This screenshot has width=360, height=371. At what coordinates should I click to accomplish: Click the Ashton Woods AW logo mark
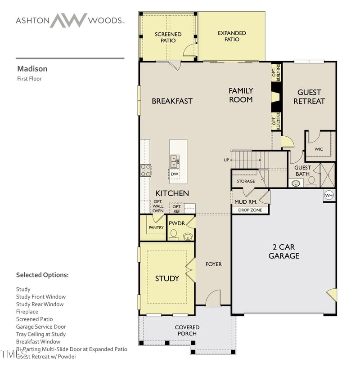(68, 20)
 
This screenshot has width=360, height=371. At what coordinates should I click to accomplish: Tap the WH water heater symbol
(329, 196)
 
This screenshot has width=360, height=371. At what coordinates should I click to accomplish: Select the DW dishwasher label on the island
(175, 174)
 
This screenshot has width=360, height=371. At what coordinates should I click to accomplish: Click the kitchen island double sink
(175, 160)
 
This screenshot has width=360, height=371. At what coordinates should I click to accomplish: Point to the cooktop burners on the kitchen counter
(146, 170)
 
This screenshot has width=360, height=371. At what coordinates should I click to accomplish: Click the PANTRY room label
(156, 228)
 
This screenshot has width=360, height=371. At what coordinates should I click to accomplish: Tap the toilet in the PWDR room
(174, 234)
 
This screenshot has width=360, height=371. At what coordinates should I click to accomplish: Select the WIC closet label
(319, 149)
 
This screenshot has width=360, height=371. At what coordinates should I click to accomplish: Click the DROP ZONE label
(250, 210)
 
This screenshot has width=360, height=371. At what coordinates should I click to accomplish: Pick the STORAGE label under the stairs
(246, 181)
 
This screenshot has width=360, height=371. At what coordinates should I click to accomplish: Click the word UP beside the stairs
(226, 160)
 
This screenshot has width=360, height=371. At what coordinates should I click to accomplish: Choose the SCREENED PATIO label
(168, 37)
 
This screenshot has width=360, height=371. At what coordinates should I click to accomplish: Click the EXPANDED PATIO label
(232, 36)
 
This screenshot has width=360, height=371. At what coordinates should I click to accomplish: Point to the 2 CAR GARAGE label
(284, 251)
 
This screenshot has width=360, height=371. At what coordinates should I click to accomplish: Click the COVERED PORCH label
(187, 330)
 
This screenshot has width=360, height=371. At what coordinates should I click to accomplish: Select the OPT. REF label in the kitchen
(176, 209)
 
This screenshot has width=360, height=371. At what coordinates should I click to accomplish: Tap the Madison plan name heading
(32, 69)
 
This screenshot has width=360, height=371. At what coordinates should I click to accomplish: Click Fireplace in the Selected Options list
(27, 312)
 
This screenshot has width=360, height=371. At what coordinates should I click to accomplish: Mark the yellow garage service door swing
(332, 295)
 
